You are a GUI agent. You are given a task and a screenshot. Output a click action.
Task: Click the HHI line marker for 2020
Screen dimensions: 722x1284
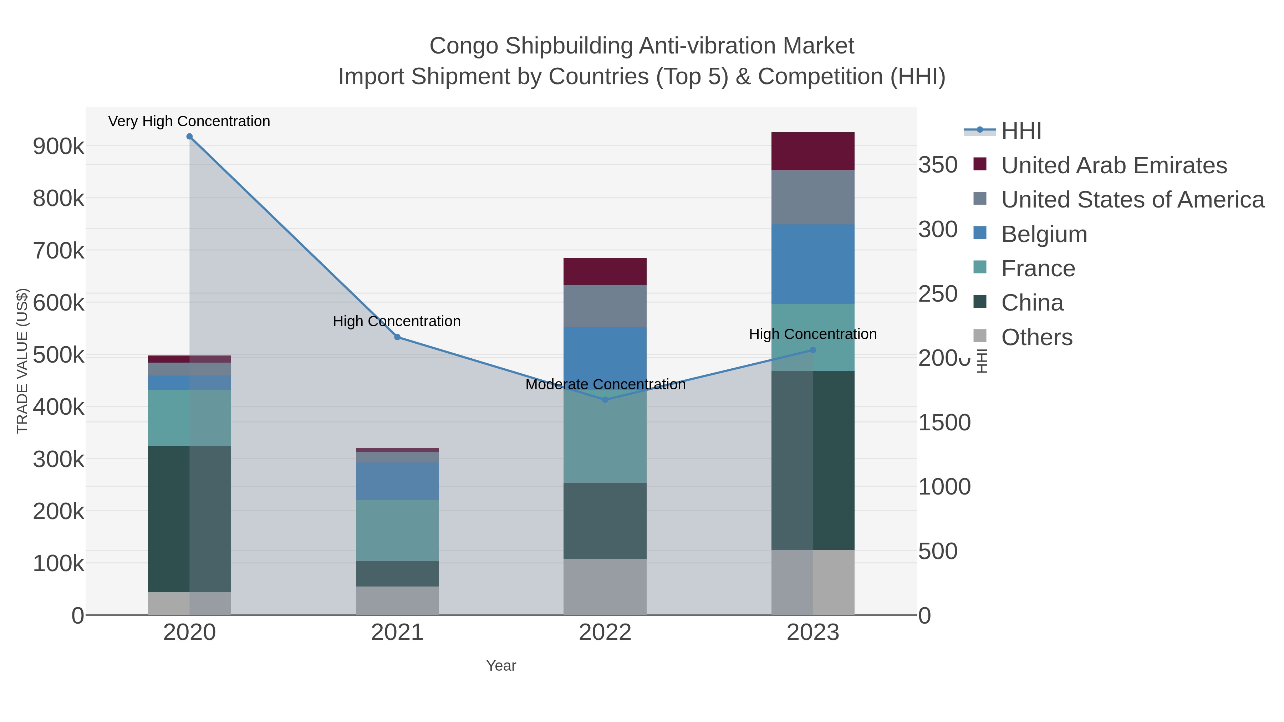(x=189, y=137)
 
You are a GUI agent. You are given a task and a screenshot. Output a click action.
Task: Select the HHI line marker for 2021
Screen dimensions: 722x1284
(x=397, y=337)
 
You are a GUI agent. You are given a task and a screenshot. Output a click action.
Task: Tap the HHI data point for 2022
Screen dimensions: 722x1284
(x=605, y=400)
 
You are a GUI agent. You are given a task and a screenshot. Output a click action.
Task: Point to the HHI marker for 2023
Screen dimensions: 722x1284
(x=813, y=350)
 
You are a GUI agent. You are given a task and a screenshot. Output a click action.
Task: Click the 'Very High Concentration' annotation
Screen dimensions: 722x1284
(x=189, y=121)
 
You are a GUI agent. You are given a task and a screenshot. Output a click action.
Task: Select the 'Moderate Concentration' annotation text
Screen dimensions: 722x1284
(x=605, y=385)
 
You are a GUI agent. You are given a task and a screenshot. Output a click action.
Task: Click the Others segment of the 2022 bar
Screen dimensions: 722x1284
(x=605, y=587)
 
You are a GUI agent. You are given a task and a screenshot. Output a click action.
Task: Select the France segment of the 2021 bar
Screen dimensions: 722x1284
(x=397, y=530)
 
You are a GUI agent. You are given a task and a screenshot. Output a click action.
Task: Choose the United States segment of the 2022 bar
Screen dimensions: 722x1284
(x=605, y=306)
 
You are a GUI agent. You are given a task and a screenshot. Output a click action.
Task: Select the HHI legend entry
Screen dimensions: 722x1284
(x=1021, y=131)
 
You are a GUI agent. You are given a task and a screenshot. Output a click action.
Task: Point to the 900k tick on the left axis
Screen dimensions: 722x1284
(x=58, y=147)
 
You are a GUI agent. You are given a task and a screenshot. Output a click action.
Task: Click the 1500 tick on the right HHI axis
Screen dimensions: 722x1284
(x=944, y=423)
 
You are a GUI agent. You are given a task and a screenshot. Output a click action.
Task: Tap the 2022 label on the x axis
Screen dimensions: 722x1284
(x=605, y=633)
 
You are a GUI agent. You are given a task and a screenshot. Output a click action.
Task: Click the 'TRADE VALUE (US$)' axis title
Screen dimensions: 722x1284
(x=22, y=361)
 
